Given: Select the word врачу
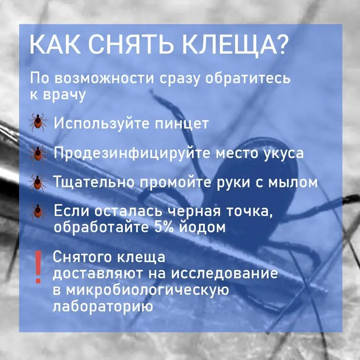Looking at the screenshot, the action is click(65, 95).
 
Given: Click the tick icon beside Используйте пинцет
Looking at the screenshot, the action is click(38, 122).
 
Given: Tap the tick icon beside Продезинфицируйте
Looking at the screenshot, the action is click(38, 154).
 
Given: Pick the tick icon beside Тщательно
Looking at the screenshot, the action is click(38, 183).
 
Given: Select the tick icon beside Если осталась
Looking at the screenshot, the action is click(38, 211).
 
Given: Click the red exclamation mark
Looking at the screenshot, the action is click(38, 267).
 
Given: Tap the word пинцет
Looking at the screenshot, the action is click(181, 123).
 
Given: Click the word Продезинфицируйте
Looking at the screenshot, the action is click(132, 153).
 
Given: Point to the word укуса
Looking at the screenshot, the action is click(283, 154).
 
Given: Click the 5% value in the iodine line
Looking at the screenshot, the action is click(164, 227).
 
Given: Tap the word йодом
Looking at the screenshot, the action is click(202, 226).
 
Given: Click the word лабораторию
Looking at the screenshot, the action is click(103, 306).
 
